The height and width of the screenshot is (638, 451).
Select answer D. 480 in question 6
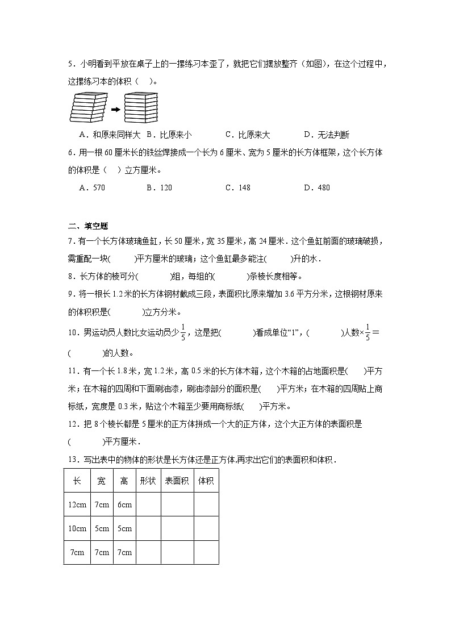tap(317, 187)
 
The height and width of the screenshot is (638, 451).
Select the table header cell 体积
tap(206, 481)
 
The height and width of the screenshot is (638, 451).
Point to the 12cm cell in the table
tap(77, 504)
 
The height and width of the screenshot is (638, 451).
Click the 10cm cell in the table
tap(77, 528)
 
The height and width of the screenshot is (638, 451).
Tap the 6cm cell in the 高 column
tap(124, 504)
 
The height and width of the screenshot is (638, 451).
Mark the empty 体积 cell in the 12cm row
tap(206, 504)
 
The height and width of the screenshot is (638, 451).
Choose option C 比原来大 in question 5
tap(248, 135)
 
